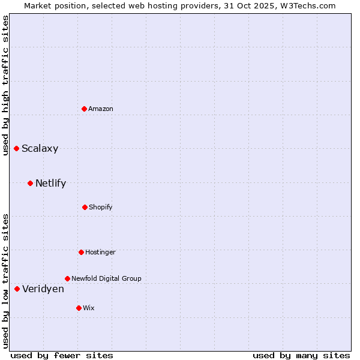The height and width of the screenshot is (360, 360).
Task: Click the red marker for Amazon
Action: (85, 109)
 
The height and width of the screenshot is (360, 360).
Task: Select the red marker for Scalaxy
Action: (17, 148)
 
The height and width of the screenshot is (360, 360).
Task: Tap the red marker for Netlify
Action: (30, 183)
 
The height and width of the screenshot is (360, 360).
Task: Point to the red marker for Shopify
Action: (85, 207)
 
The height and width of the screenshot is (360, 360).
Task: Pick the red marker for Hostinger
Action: (81, 252)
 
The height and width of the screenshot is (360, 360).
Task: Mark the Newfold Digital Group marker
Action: (67, 278)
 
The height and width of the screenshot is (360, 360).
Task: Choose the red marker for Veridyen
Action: (17, 289)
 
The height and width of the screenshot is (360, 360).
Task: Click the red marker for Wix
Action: (79, 308)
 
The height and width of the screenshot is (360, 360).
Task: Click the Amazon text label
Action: (101, 109)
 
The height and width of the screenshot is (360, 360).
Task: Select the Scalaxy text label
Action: (40, 149)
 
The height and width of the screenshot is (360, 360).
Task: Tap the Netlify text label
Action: (50, 184)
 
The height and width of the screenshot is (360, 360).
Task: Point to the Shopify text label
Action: (101, 207)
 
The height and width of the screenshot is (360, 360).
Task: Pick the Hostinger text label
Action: (100, 252)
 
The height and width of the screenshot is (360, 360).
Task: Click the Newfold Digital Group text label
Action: (106, 278)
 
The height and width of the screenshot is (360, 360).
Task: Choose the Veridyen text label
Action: (43, 289)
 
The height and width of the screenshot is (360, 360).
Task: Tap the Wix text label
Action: (89, 308)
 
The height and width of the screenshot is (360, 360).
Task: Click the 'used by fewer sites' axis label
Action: (62, 355)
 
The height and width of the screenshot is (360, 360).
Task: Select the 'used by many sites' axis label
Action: (301, 355)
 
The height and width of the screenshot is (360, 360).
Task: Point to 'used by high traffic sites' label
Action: (5, 85)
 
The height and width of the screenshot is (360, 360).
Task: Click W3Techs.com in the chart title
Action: (304, 5)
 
